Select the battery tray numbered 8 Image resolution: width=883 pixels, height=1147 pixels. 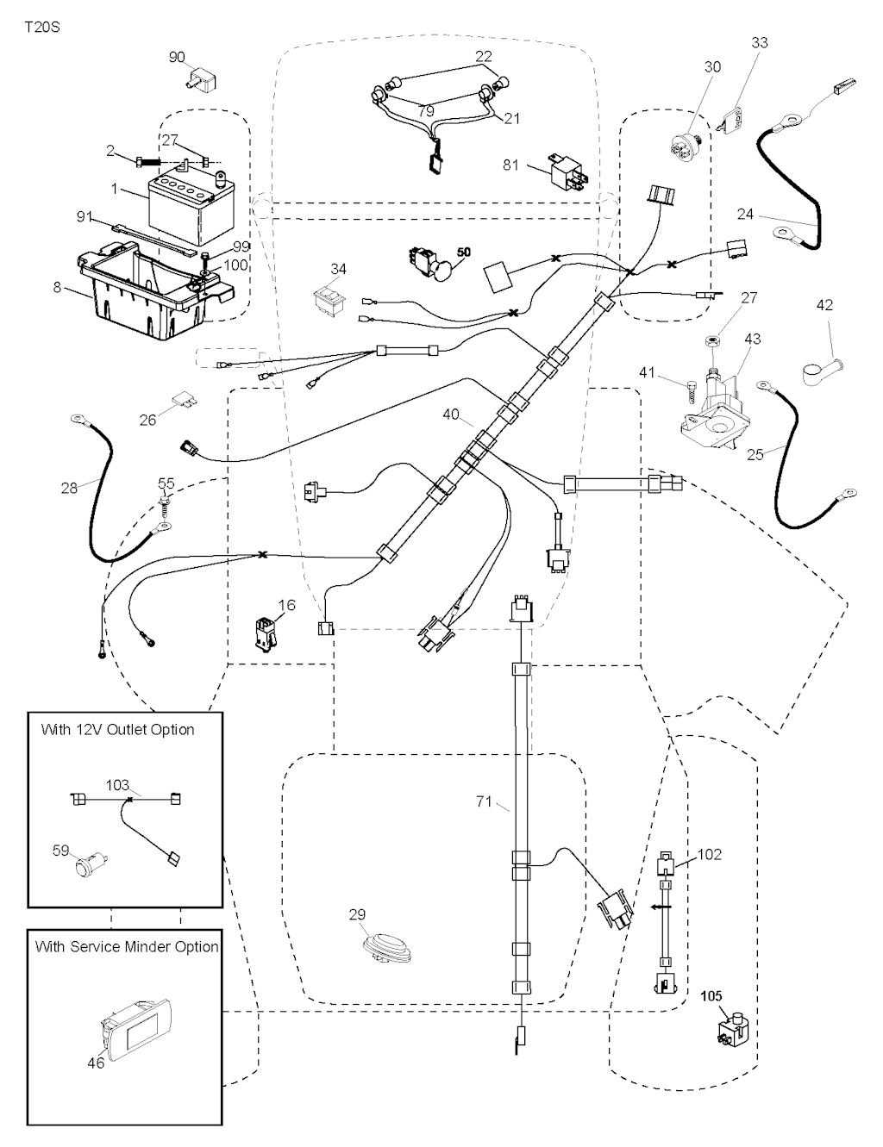click(x=147, y=293)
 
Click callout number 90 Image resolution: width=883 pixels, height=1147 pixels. click(x=177, y=58)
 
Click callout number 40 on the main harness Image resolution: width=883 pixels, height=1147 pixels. click(x=451, y=415)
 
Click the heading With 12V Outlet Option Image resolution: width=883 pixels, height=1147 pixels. click(x=117, y=730)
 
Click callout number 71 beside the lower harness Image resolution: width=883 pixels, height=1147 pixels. click(x=484, y=801)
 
